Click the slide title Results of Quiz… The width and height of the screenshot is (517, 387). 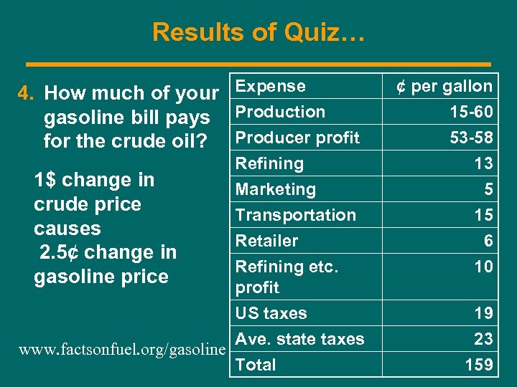258,32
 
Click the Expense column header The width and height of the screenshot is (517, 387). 271,86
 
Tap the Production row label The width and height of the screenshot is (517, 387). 280,112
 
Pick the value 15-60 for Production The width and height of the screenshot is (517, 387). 471,112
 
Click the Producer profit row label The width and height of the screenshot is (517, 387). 297,138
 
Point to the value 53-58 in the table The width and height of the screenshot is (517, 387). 471,138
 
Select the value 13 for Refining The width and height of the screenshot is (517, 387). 483,163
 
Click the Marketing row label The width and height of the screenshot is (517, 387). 276,189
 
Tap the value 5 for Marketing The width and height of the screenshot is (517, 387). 488,189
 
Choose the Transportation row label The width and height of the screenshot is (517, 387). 296,215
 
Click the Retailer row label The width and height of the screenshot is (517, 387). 266,241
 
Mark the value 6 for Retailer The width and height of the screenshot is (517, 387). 488,241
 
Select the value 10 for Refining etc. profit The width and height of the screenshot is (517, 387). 483,267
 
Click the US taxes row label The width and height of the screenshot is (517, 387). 271,313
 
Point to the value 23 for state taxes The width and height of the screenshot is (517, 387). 483,339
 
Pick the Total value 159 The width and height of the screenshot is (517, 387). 479,365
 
